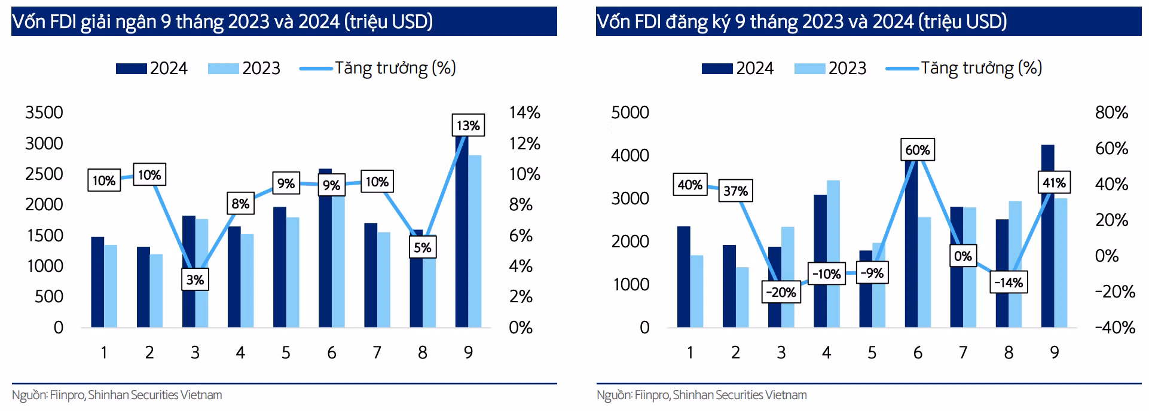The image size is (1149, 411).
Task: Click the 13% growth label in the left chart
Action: click(x=467, y=125)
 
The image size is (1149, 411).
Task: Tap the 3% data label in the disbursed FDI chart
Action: click(x=195, y=280)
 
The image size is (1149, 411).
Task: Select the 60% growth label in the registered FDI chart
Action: click(x=917, y=150)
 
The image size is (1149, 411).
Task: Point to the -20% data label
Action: click(x=781, y=292)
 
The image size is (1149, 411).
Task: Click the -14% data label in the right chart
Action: click(x=1009, y=283)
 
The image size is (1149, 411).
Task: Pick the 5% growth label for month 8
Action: click(x=422, y=247)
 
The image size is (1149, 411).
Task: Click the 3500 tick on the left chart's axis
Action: click(x=44, y=112)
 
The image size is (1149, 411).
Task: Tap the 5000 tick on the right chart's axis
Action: click(x=630, y=112)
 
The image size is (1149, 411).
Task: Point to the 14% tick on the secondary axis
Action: click(x=524, y=112)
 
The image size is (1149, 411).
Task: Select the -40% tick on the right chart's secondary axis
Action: click(x=1115, y=327)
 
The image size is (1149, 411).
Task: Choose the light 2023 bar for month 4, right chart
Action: click(x=833, y=254)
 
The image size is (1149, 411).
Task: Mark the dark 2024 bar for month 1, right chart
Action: click(x=683, y=277)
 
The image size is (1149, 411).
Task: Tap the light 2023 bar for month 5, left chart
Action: click(x=292, y=272)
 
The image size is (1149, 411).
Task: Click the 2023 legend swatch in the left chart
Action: click(x=223, y=69)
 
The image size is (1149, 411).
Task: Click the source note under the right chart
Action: click(x=701, y=395)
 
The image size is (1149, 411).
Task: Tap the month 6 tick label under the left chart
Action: click(x=331, y=352)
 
